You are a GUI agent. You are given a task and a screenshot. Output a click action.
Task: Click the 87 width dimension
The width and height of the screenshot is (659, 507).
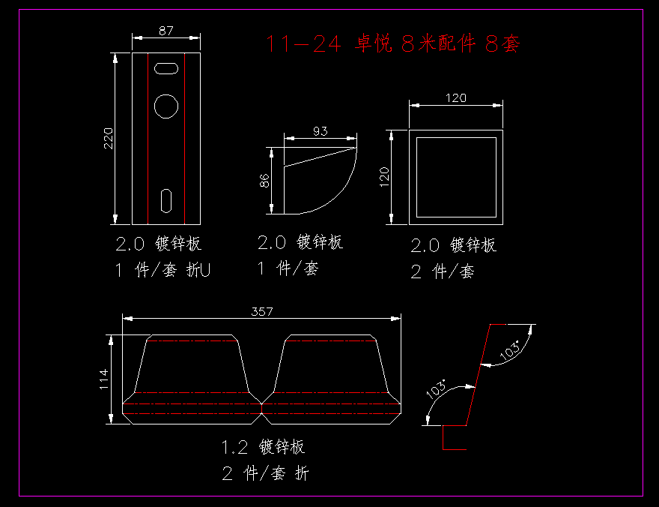[x=166, y=31]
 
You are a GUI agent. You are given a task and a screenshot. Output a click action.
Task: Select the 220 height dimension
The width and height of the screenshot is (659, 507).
[x=109, y=138]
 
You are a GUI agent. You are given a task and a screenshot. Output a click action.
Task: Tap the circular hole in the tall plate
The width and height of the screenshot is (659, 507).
[x=166, y=106]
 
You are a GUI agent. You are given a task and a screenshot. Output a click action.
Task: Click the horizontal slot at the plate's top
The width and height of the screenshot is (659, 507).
[x=166, y=68]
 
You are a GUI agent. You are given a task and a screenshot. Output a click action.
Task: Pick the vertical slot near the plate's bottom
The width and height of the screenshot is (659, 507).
[x=167, y=200]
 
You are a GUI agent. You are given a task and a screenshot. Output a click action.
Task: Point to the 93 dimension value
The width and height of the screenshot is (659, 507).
[x=320, y=131]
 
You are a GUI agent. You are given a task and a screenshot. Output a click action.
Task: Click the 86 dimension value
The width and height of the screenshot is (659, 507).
[x=264, y=181]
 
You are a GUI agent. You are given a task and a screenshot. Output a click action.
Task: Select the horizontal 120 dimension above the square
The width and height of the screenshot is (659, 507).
[x=455, y=97]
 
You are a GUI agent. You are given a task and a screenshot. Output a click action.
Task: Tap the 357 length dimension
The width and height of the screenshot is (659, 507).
[x=261, y=310]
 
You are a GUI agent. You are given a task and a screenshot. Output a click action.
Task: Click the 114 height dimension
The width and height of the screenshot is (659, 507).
[x=104, y=379]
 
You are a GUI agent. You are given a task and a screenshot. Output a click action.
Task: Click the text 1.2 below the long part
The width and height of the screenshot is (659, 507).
[x=234, y=448]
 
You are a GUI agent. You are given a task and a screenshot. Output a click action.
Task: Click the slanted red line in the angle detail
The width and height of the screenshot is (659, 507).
[x=478, y=375]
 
